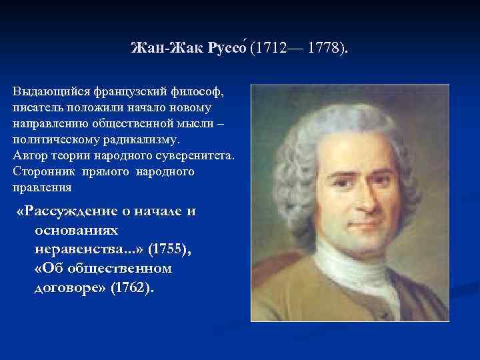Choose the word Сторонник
[x=41, y=172]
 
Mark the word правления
[x=42, y=188]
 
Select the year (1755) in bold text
[x=170, y=249]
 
